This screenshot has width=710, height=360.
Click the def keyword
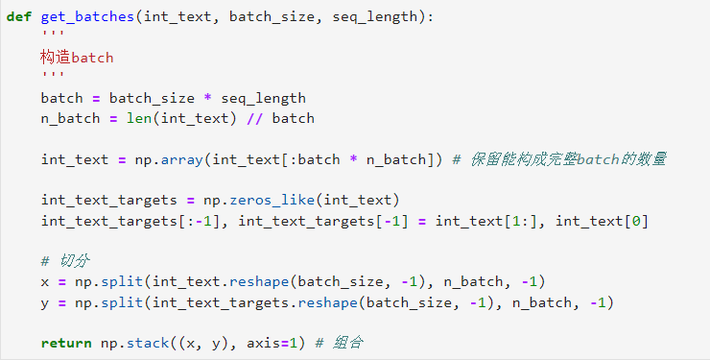pyautogui.click(x=19, y=16)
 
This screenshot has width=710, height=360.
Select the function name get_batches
pyautogui.click(x=87, y=17)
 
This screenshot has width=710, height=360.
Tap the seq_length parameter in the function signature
pyautogui.click(x=375, y=17)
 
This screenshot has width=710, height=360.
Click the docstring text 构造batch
pyautogui.click(x=77, y=58)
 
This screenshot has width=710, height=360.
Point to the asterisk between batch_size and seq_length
pyautogui.click(x=207, y=97)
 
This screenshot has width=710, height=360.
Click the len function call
pyautogui.click(x=138, y=118)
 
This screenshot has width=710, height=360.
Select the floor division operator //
pyautogui.click(x=255, y=119)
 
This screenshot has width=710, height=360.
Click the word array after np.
pyautogui.click(x=182, y=160)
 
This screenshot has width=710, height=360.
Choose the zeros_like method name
pyautogui.click(x=272, y=200)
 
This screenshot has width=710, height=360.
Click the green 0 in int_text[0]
pyautogui.click(x=636, y=221)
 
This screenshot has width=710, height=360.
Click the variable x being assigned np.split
pyautogui.click(x=45, y=282)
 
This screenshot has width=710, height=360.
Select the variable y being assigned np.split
pyautogui.click(x=45, y=303)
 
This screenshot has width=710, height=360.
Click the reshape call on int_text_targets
pyautogui.click(x=327, y=303)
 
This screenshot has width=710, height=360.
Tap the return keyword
pyautogui.click(x=66, y=344)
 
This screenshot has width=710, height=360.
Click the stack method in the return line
pyautogui.click(x=148, y=343)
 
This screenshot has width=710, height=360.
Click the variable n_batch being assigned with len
pyautogui.click(x=70, y=119)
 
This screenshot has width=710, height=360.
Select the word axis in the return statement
pyautogui.click(x=264, y=344)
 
